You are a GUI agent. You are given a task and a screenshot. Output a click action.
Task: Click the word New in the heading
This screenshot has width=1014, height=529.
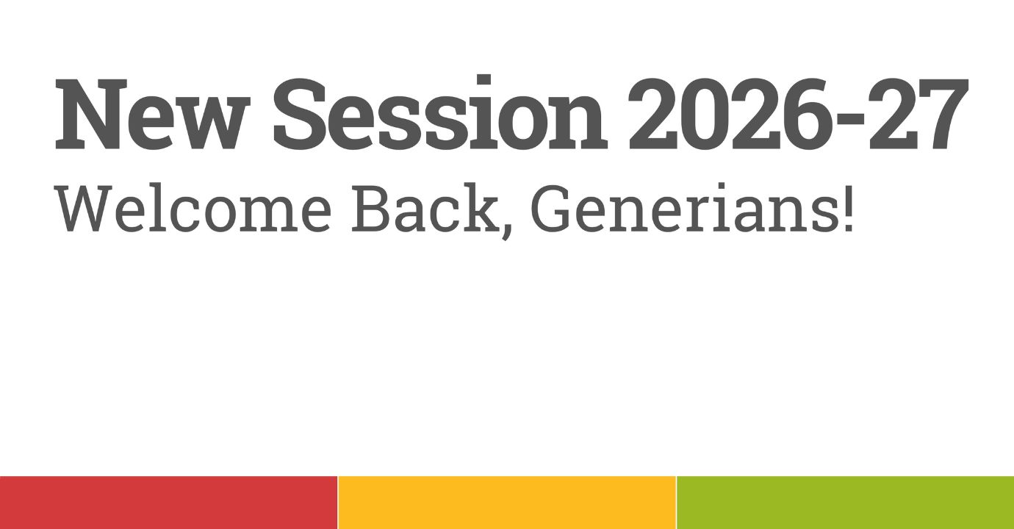[153, 114]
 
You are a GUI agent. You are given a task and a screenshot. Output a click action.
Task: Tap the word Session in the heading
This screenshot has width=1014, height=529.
[439, 112]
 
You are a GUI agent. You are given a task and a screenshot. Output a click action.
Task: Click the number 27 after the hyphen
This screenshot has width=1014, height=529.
[918, 114]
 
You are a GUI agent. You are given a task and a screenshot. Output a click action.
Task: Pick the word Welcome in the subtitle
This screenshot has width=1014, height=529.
[193, 208]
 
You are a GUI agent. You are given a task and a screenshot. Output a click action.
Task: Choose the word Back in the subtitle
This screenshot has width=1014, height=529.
[425, 208]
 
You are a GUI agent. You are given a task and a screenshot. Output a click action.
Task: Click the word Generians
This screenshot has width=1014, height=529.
[682, 208]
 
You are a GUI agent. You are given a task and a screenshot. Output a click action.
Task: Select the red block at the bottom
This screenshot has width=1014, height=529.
[168, 503]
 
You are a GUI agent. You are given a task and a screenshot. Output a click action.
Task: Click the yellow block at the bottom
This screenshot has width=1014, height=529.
[507, 503]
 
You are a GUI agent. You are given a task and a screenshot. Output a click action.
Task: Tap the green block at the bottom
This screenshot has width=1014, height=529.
[846, 503]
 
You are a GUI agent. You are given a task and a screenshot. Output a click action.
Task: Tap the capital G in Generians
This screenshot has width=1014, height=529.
[550, 208]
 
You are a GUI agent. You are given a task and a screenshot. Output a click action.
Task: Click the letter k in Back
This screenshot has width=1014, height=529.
[479, 208]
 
